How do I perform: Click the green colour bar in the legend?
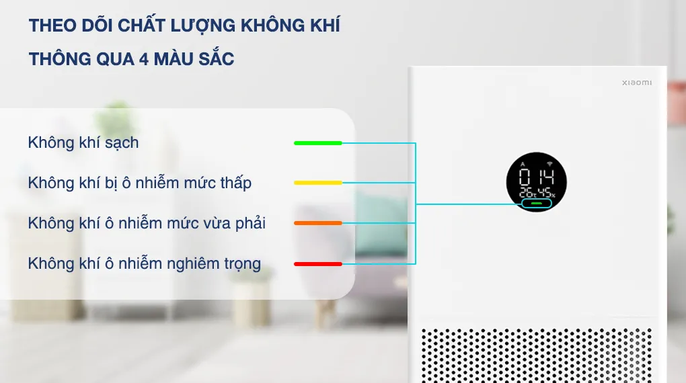pos(318,143)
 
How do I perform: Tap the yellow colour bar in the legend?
pos(318,183)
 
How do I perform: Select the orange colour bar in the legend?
pos(318,223)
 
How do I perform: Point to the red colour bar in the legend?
pos(318,264)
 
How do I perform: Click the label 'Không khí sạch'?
pos(83,142)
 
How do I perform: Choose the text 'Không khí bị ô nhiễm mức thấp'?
pos(140,183)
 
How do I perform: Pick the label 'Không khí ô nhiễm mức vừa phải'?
pos(147,223)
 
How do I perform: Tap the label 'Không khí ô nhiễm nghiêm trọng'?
pos(145,263)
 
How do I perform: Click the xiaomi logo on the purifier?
pos(636,83)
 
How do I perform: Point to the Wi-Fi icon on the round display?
pos(549,164)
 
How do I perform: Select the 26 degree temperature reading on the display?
pos(525,194)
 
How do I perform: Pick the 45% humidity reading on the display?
pos(547,194)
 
